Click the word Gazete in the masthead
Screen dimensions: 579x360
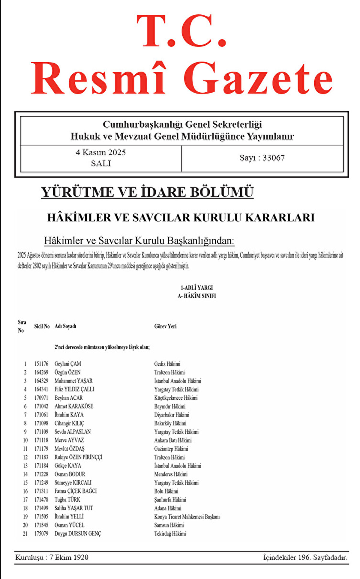[x=258, y=79]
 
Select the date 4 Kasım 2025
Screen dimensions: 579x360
[x=101, y=153]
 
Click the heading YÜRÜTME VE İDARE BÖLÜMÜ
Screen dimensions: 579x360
[x=147, y=192]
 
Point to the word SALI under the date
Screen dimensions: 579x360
[x=101, y=163]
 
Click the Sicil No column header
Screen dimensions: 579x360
[x=42, y=326]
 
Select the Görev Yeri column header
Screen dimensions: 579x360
[x=165, y=326]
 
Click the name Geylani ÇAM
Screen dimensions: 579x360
[x=68, y=364]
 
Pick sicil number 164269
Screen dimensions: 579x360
[x=41, y=372]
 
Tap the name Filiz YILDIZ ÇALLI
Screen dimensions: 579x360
[x=74, y=389]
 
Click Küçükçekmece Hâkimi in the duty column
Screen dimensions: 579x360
[x=176, y=398]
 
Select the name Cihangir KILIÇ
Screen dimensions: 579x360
[x=69, y=423]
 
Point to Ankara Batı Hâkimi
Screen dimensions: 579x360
[x=173, y=440]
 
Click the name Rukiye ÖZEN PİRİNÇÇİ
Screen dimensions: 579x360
[x=78, y=457]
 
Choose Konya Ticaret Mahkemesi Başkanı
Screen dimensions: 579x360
[x=187, y=517]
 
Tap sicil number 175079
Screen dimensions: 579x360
[x=41, y=533]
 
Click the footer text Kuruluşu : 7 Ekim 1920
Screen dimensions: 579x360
[x=52, y=557]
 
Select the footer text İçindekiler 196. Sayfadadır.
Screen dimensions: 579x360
[x=305, y=557]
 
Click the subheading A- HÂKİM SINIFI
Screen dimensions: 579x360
[x=196, y=296]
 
